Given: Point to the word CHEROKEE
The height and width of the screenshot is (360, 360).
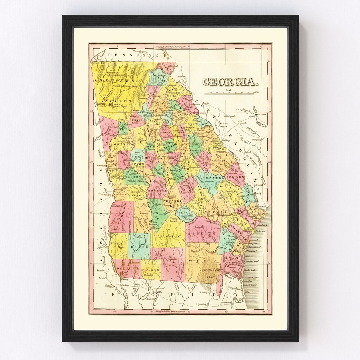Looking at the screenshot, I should point(115,81).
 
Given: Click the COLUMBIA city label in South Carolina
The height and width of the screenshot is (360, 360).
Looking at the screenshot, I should point(261,114).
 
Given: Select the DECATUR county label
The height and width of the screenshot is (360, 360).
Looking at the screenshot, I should point(128,269).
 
